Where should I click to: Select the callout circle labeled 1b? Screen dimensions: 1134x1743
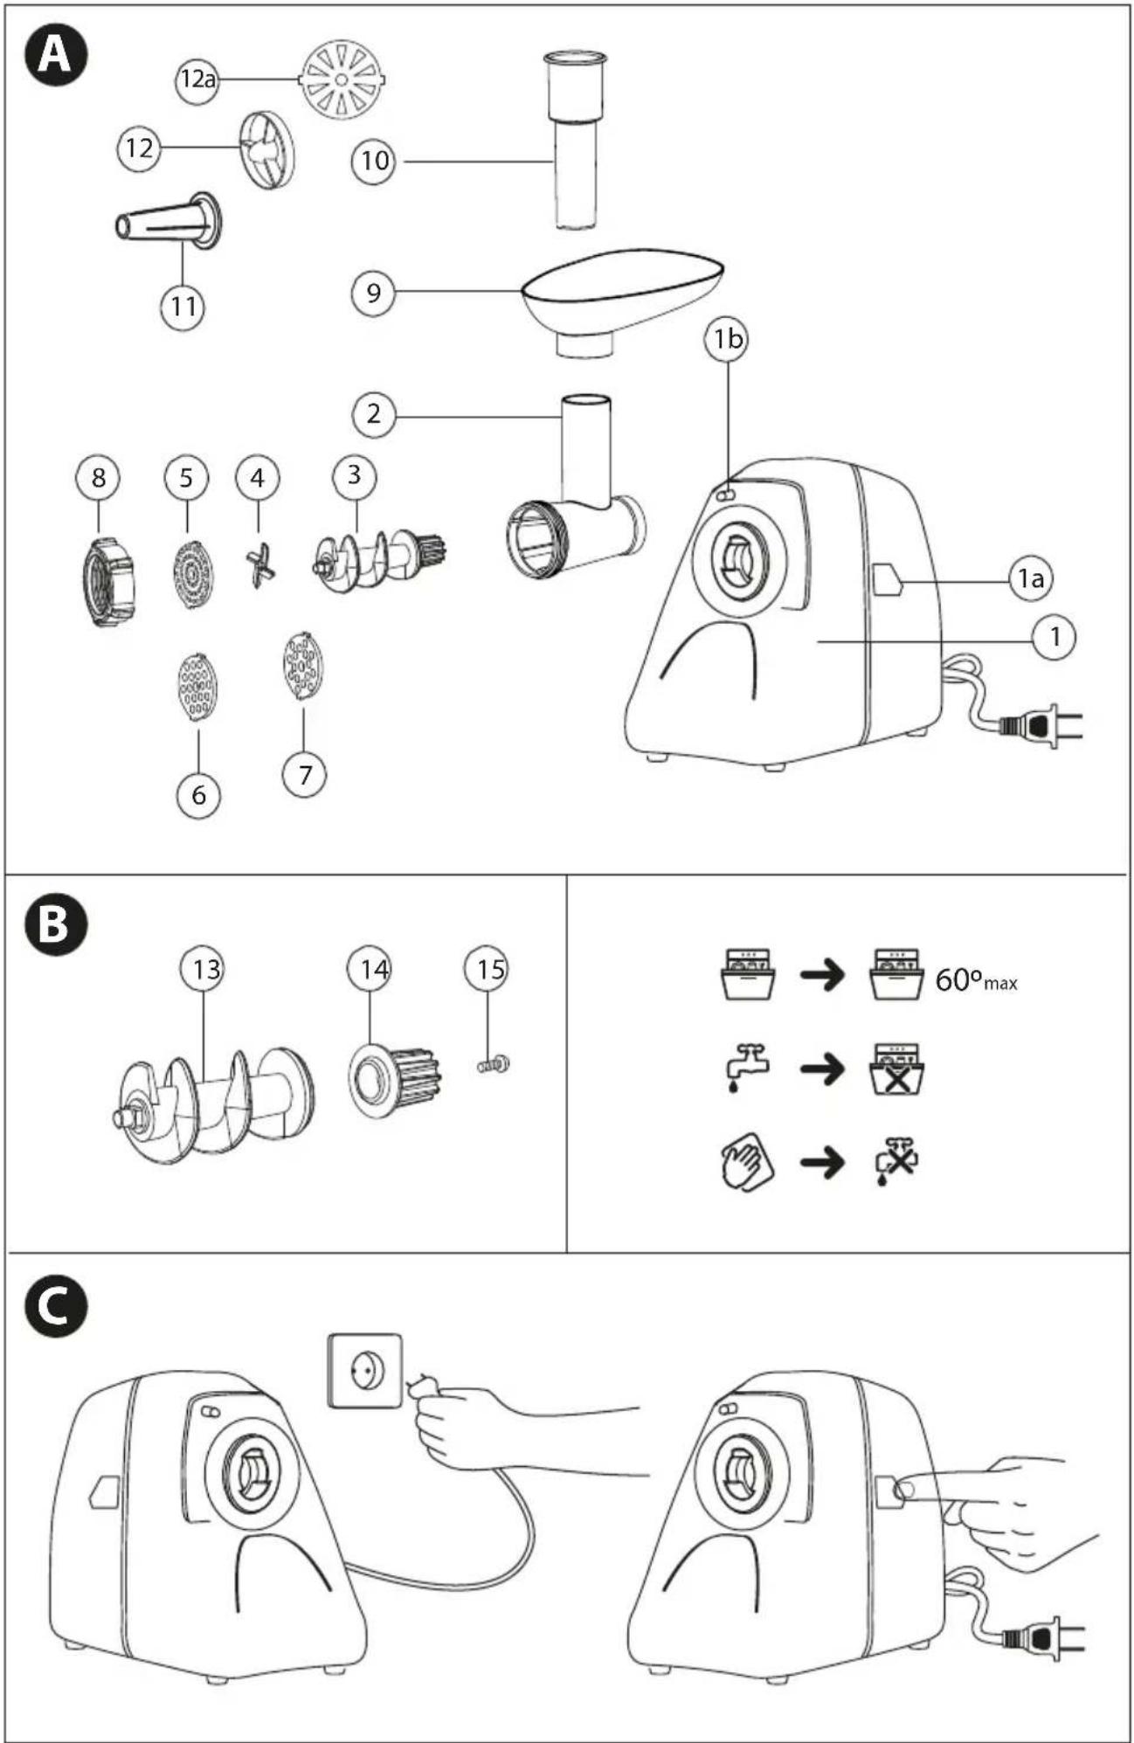pyautogui.click(x=727, y=339)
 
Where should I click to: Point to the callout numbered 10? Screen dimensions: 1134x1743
pyautogui.click(x=374, y=161)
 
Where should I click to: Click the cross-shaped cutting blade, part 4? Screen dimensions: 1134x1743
pyautogui.click(x=259, y=564)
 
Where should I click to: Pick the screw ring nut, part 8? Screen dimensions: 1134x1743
pyautogui.click(x=109, y=581)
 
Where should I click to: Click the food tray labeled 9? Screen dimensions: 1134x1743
pyautogui.click(x=623, y=301)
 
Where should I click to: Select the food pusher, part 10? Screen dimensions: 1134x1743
pyautogui.click(x=575, y=139)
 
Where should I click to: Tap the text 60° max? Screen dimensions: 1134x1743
pyautogui.click(x=976, y=981)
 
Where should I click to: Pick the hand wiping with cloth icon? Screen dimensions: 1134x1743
pyautogui.click(x=747, y=1161)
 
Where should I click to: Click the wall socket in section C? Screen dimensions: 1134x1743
pyautogui.click(x=365, y=1370)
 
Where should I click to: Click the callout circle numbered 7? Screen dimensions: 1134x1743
pyautogui.click(x=305, y=774)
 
